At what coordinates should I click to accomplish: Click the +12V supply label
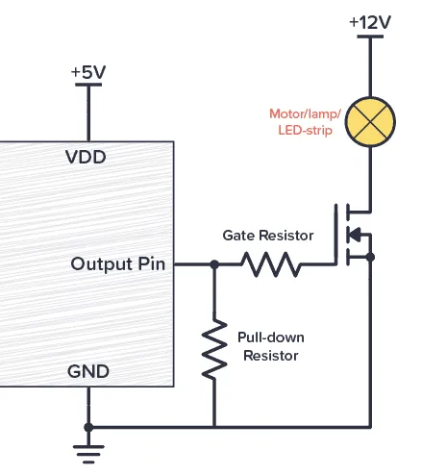click(370, 20)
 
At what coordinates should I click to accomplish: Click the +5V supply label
click(88, 73)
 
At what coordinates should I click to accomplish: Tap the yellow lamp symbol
click(370, 120)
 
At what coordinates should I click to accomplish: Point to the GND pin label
click(87, 371)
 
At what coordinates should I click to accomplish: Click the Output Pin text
click(118, 263)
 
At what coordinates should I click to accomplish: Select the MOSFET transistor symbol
click(353, 233)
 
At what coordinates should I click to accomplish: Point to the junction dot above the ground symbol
click(88, 426)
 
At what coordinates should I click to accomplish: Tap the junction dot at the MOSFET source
click(370, 257)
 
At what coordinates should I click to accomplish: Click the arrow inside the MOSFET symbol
click(353, 233)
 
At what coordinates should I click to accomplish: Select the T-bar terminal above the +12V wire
click(370, 37)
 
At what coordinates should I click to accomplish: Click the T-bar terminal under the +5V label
click(88, 87)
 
